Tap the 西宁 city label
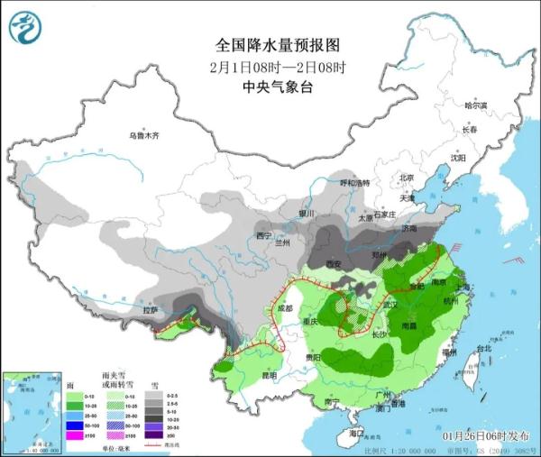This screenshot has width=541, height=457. click(x=264, y=235)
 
